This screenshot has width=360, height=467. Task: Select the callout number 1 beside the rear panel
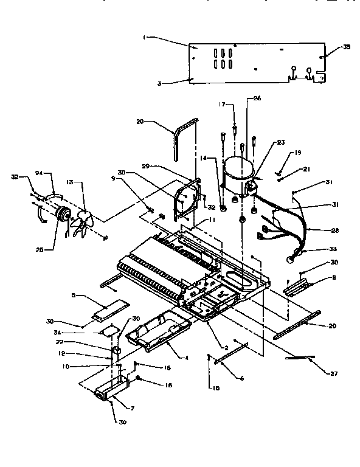tap(144, 37)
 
